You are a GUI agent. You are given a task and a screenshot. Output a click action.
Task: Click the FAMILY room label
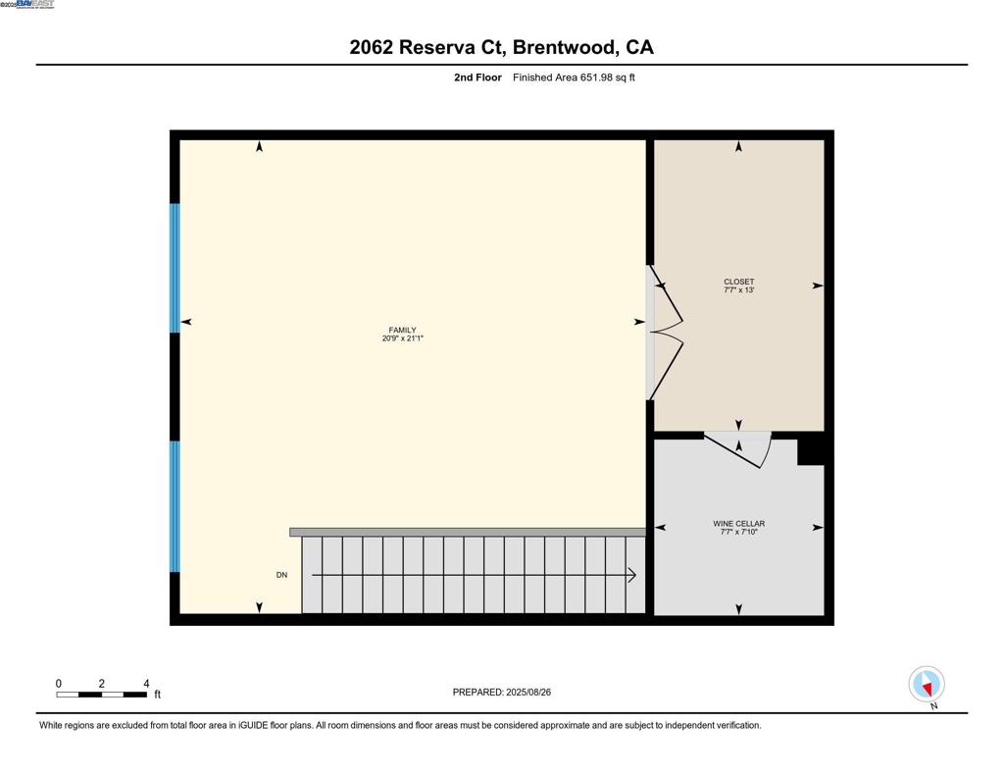pyautogui.click(x=402, y=331)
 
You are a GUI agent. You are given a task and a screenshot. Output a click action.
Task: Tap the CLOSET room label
pyautogui.click(x=738, y=282)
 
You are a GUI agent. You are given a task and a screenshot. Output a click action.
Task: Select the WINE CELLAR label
pyautogui.click(x=738, y=524)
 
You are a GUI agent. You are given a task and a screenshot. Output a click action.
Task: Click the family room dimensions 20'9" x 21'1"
pyautogui.click(x=402, y=339)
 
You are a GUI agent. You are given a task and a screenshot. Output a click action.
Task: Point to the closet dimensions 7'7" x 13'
pyautogui.click(x=738, y=290)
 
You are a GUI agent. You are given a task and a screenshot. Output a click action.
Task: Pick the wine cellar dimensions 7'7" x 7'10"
pyautogui.click(x=738, y=532)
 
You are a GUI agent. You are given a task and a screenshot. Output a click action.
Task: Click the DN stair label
pyautogui.click(x=281, y=575)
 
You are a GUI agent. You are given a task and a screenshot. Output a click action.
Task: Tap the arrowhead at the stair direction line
pyautogui.click(x=632, y=575)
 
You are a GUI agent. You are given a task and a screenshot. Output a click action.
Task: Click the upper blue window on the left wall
pyautogui.click(x=176, y=268)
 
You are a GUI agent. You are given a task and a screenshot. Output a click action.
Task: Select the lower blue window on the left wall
pyautogui.click(x=176, y=506)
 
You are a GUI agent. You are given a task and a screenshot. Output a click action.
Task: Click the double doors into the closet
pyautogui.click(x=667, y=333)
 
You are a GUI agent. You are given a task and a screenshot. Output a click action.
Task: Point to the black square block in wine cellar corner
pyautogui.click(x=811, y=449)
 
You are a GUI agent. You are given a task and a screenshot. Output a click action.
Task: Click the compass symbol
pyautogui.click(x=927, y=684)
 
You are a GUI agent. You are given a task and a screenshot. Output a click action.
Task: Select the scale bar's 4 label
pyautogui.click(x=146, y=684)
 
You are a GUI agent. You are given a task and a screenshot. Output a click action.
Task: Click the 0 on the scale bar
pyautogui.click(x=59, y=684)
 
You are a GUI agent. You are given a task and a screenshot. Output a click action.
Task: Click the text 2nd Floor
pyautogui.click(x=477, y=78)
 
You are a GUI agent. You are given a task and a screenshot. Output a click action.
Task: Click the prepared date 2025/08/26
pyautogui.click(x=528, y=692)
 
